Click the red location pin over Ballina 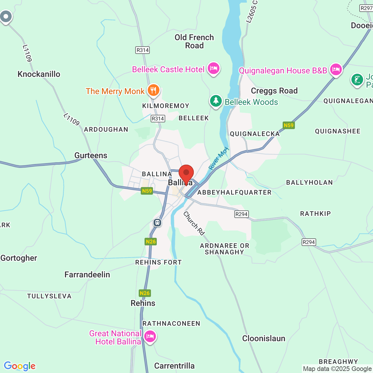pos(186,173)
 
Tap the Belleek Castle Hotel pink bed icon pos(214,68)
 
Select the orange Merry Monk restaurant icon pos(153,90)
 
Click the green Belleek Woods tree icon pos(216,101)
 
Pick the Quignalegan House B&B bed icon pos(336,70)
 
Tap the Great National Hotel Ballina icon pos(150,336)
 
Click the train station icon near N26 pos(157,223)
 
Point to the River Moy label pos(219,159)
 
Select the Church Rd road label pos(194,224)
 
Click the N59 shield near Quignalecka pos(288,125)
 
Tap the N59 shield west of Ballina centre pos(147,191)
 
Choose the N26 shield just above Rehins pos(145,293)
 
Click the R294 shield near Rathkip pos(309,242)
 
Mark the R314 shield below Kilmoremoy pos(158,119)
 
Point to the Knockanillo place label pos(39,74)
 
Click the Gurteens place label pos(91,155)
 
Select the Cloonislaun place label pos(264,338)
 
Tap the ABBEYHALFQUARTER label pos(234,192)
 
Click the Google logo pos(20,366)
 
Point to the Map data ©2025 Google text pos(337,369)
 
